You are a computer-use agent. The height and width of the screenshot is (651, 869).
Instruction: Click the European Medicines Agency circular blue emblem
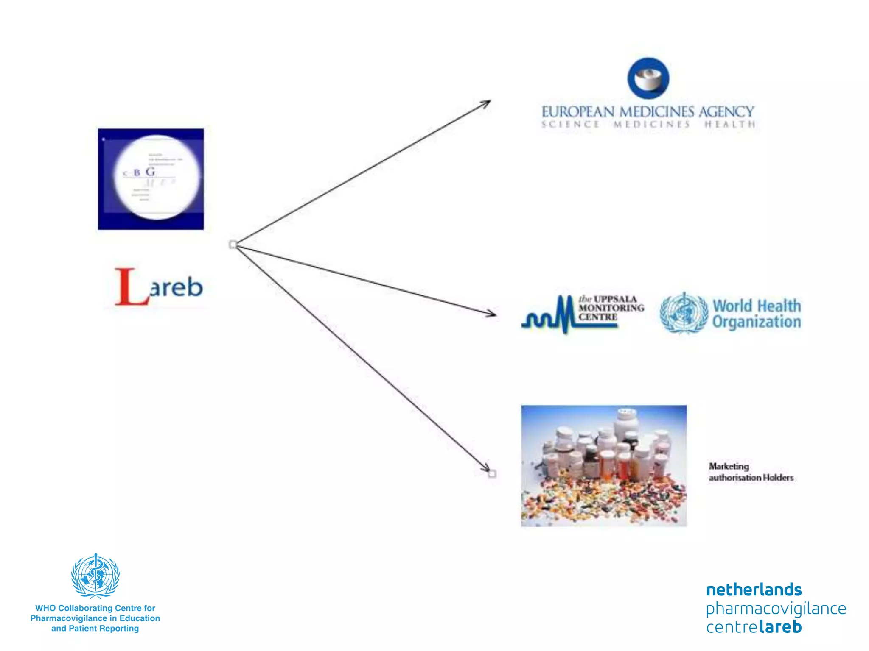pos(648,78)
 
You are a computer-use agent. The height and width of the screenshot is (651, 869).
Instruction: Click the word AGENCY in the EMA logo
pos(726,112)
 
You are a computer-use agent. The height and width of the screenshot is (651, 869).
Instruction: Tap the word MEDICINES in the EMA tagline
pos(652,124)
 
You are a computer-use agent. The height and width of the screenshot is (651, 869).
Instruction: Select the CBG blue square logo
pos(151,179)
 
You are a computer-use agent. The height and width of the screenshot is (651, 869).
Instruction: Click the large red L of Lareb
pos(130,287)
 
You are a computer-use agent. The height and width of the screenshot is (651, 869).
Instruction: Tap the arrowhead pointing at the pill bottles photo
pos(488,470)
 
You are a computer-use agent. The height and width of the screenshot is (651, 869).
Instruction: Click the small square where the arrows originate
pos(233,245)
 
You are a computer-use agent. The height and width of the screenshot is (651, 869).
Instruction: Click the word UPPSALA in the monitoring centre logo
pos(615,299)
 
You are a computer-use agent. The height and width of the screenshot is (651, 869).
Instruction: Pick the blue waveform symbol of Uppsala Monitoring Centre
pos(552,316)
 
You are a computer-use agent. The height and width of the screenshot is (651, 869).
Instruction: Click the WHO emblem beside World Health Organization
pos(684,313)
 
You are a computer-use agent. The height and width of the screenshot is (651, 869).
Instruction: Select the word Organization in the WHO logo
pos(757,322)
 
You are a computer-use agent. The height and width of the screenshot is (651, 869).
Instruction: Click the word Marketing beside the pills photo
pos(729,466)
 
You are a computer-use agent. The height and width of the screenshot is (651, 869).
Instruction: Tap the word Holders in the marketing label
pos(778,478)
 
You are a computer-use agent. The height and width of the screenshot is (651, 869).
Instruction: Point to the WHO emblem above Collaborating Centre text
pos(95,576)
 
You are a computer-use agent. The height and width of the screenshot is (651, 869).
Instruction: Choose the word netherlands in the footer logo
pos(754,590)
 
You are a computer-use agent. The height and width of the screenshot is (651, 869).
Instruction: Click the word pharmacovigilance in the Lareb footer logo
pos(776,609)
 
